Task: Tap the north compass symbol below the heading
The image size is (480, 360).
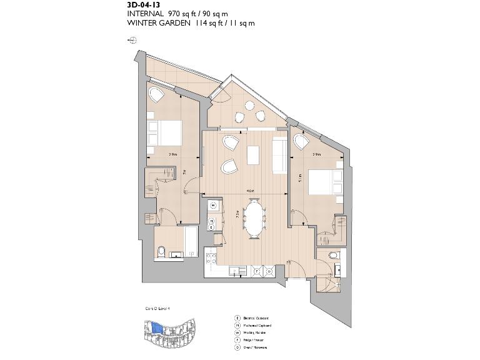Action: click(x=132, y=39)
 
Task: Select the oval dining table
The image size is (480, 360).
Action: click(x=254, y=218)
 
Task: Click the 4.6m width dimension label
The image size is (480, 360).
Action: click(x=249, y=191)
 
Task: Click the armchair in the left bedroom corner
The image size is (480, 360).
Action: click(x=156, y=96)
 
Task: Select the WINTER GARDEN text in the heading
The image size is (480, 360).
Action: click(x=155, y=23)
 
